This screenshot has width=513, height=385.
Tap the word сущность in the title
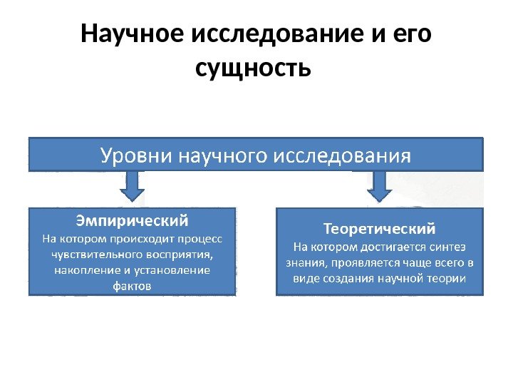click(253, 70)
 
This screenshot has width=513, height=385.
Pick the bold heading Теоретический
click(379, 230)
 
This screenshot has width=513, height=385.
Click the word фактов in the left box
click(132, 285)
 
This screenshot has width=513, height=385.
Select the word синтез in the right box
click(448, 247)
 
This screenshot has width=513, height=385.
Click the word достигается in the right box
click(390, 247)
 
